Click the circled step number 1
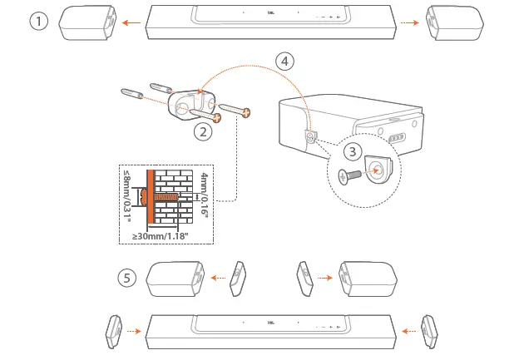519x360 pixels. click(x=37, y=22)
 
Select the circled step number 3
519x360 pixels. click(x=353, y=152)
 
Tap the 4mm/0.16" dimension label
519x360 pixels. click(x=205, y=198)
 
